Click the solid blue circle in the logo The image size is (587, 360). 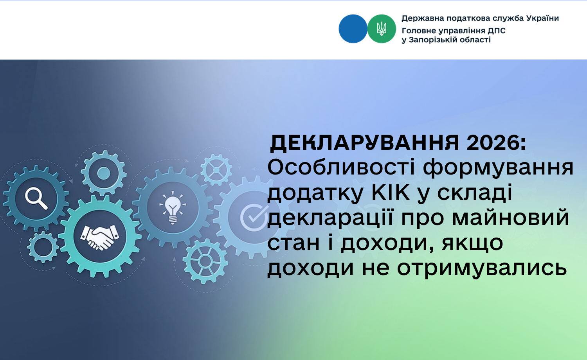[353, 29]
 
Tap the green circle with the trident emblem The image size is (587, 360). [382, 29]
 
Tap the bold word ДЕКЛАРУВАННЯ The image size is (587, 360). [364, 143]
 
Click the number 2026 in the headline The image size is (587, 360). [496, 143]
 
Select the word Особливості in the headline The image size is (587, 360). [341, 168]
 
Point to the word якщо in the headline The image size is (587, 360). [472, 243]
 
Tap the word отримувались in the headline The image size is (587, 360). [482, 268]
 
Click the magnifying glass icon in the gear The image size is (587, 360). [36, 198]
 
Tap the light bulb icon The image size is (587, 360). [173, 207]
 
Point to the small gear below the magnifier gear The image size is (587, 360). [43, 247]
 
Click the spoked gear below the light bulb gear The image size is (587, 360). [205, 261]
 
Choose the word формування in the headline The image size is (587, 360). [498, 168]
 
